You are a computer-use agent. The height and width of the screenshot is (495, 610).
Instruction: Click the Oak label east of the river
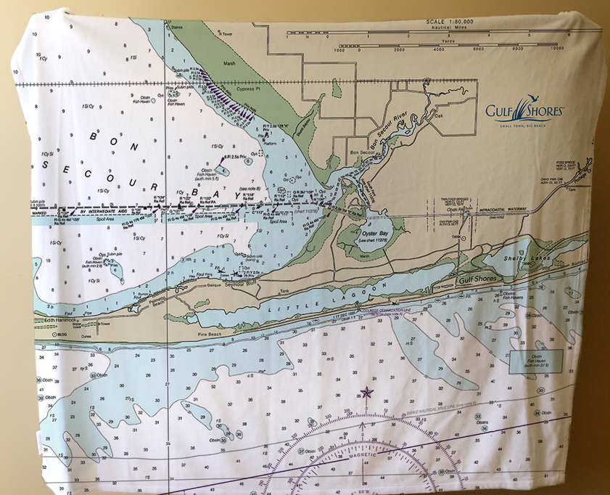coord(438,114)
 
